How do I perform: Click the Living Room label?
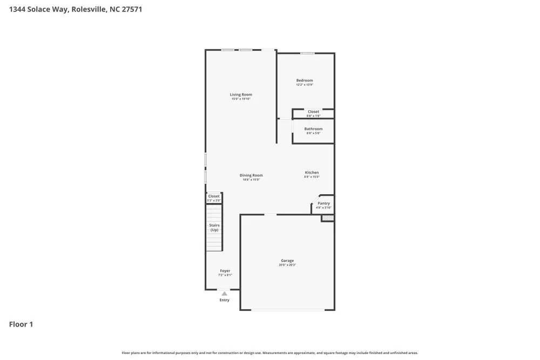tap(241, 94)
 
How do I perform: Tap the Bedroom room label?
tap(305, 80)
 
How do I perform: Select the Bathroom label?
tap(313, 129)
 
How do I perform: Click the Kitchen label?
tap(312, 173)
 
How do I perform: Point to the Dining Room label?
tap(251, 175)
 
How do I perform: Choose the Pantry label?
tap(323, 203)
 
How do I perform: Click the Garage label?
tap(287, 261)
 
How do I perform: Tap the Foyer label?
tap(225, 271)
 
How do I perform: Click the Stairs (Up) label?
tap(214, 227)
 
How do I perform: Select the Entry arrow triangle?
tap(225, 294)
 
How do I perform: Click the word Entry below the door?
tap(225, 300)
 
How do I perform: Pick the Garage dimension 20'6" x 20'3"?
tap(287, 265)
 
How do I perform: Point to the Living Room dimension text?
tap(241, 99)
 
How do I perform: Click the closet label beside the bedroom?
tap(313, 112)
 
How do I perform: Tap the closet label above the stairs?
tap(214, 196)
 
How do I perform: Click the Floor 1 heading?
tap(21, 324)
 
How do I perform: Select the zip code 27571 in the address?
tap(131, 9)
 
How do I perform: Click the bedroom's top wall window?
tap(307, 53)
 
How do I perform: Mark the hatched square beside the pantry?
tap(327, 218)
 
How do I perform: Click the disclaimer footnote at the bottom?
tap(269, 353)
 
